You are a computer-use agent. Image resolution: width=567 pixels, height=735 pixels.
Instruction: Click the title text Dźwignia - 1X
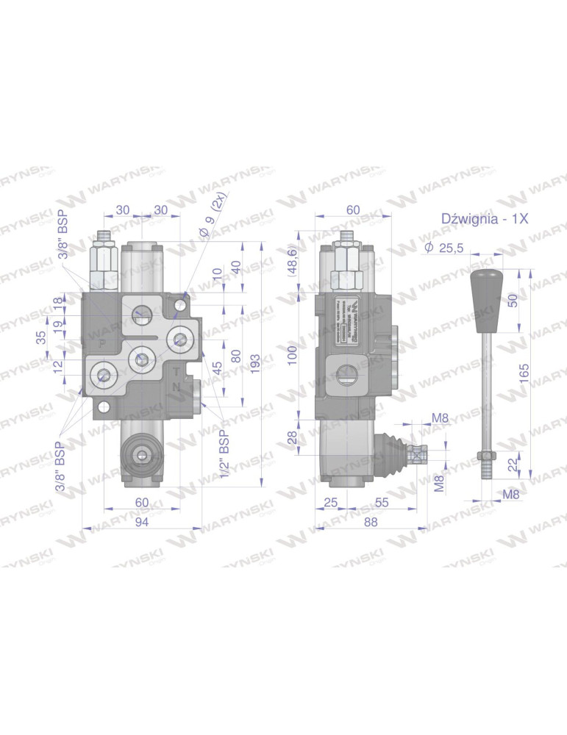485,218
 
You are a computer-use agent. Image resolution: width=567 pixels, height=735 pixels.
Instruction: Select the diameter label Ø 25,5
443,248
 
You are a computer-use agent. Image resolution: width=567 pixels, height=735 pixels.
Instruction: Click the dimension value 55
381,502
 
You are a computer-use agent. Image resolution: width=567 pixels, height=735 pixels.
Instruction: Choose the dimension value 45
218,369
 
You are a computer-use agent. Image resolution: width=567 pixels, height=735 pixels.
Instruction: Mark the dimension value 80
236,356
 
